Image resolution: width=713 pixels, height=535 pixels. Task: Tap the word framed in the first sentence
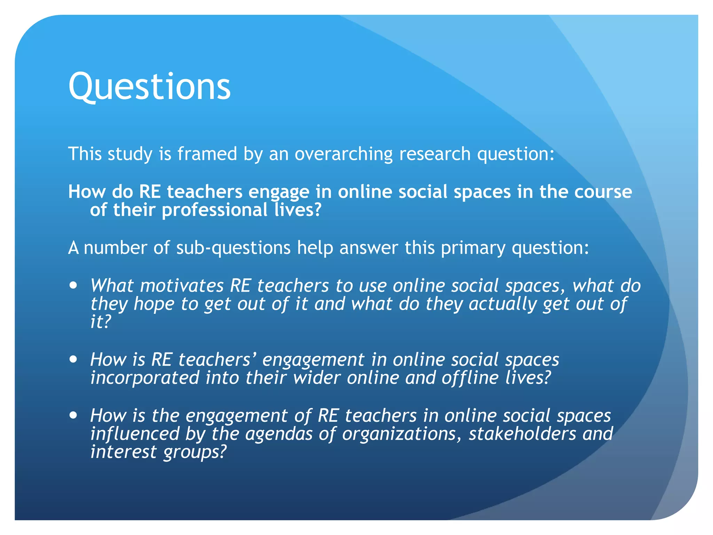coord(207,154)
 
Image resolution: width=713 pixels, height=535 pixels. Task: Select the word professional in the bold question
coord(214,210)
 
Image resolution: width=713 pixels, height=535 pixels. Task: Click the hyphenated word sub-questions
coord(233,248)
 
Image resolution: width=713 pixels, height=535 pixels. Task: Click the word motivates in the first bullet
coord(182,286)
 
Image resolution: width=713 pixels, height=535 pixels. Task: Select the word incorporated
coord(145,378)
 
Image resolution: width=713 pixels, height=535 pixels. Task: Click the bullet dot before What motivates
coord(73,286)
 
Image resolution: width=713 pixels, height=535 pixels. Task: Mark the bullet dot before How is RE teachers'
coord(73,359)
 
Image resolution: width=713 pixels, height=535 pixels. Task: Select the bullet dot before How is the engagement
coord(73,415)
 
